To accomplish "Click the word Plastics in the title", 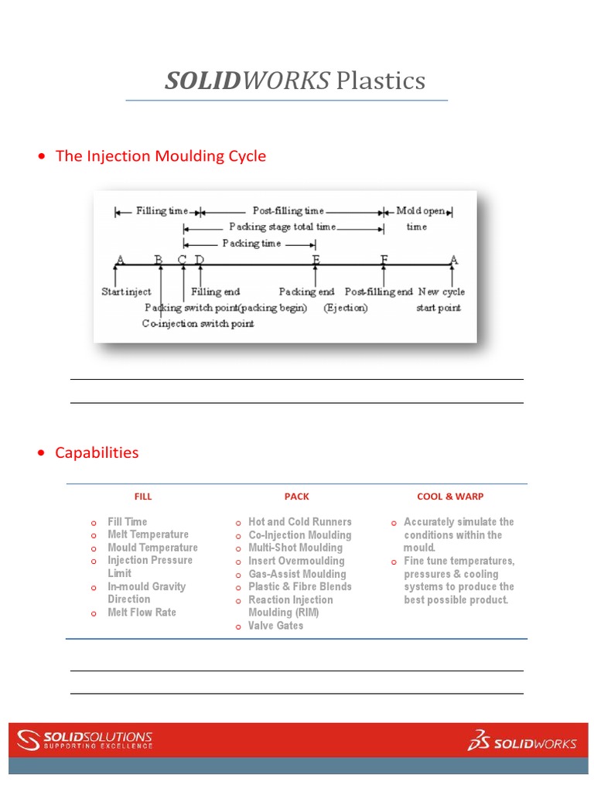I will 381,80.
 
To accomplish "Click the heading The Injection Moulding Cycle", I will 160,156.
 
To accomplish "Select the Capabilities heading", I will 97,452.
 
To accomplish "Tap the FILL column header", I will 143,497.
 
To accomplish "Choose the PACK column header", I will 296,497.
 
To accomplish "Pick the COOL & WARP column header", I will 450,497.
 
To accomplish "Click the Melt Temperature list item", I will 148,534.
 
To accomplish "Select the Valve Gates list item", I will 275,626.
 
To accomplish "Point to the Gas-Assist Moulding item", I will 297,574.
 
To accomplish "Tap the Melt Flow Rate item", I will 142,613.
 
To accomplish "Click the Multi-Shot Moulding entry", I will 295,548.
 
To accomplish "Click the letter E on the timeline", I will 316,260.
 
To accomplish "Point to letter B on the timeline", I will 159,260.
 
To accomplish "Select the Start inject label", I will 126,292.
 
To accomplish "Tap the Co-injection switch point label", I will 198,324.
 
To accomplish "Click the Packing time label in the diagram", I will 251,243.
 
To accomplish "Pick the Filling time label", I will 162,210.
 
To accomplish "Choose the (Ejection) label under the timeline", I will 346,308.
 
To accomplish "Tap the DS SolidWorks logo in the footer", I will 522,741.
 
